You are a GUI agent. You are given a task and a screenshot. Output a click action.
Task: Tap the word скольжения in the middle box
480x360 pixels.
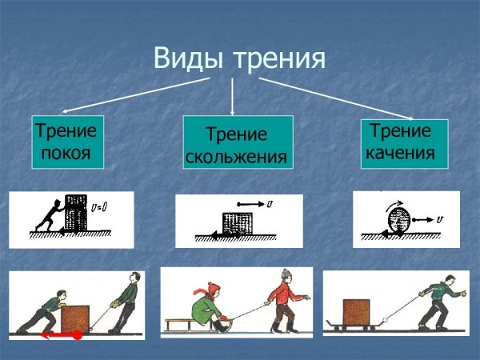[236, 156]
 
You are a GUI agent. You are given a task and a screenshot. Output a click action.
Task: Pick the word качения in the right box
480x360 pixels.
[399, 151]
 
